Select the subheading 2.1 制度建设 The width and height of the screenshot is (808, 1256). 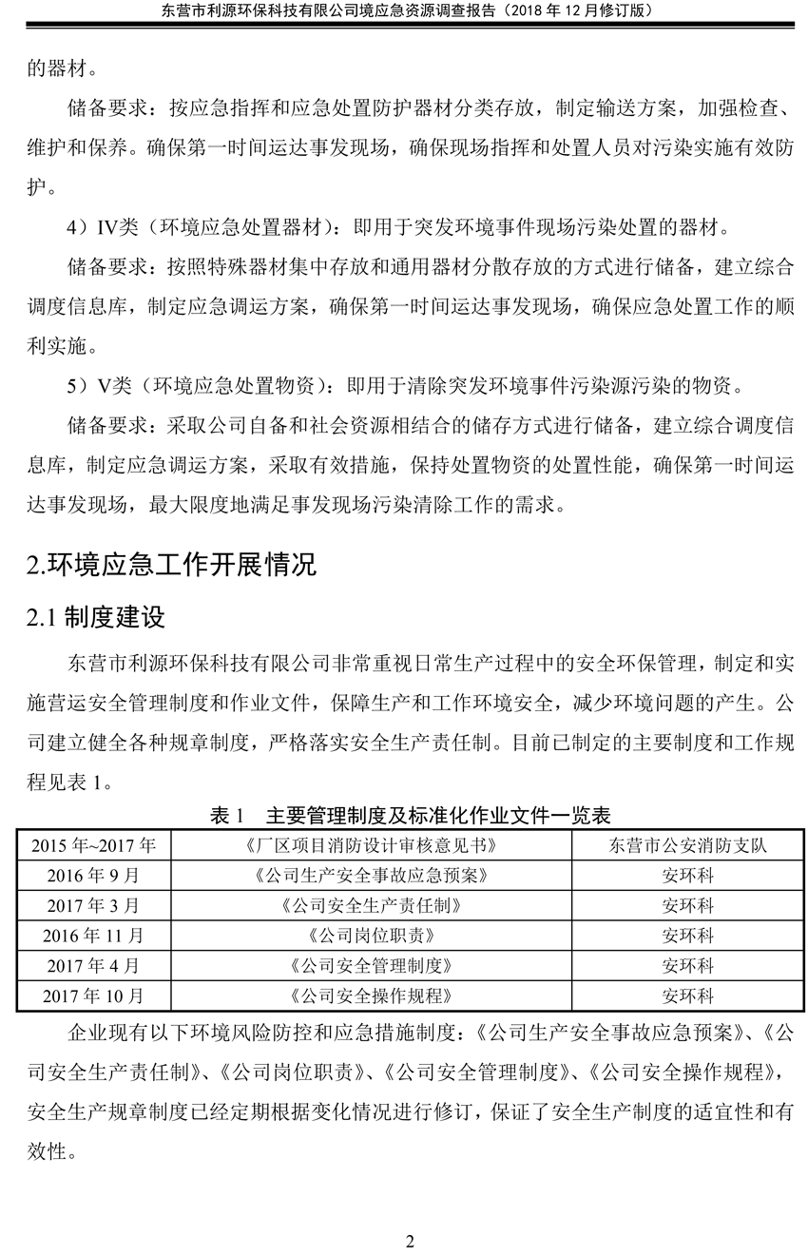[x=97, y=618]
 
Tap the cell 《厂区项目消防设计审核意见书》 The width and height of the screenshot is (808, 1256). [x=369, y=844]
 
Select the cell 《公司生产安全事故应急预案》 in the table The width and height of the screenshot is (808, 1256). [x=369, y=875]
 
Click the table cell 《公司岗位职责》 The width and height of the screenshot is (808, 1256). [x=369, y=936]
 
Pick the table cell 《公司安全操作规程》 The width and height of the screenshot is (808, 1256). [x=369, y=996]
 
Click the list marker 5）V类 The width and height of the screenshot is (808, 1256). [x=99, y=385]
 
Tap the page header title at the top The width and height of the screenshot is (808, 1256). [x=403, y=10]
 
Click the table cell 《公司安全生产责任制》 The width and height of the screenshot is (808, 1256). [x=369, y=905]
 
